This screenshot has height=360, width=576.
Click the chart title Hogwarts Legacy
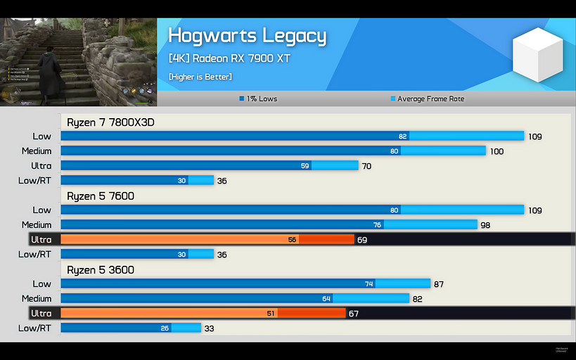[x=248, y=36]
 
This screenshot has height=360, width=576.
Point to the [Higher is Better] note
[x=200, y=76]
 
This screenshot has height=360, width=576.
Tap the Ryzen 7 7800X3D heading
[x=110, y=122]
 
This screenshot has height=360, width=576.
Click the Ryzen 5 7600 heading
[x=101, y=196]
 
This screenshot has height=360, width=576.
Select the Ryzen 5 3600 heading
[x=101, y=270]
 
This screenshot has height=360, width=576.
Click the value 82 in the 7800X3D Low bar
[x=402, y=136]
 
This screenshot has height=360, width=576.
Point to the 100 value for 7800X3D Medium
[x=497, y=151]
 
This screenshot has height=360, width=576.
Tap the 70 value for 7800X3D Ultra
[x=366, y=166]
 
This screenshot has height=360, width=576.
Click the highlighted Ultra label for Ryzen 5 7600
[x=41, y=240]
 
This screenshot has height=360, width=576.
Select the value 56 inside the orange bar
[x=292, y=240]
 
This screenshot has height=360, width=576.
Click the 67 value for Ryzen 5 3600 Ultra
[x=354, y=314]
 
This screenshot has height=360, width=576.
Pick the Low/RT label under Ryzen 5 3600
[x=34, y=328]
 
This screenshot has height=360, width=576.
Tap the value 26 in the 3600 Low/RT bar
[x=165, y=328]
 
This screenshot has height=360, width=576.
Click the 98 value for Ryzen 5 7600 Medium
[x=485, y=225]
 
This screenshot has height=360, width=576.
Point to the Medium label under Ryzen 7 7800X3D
[x=37, y=151]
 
